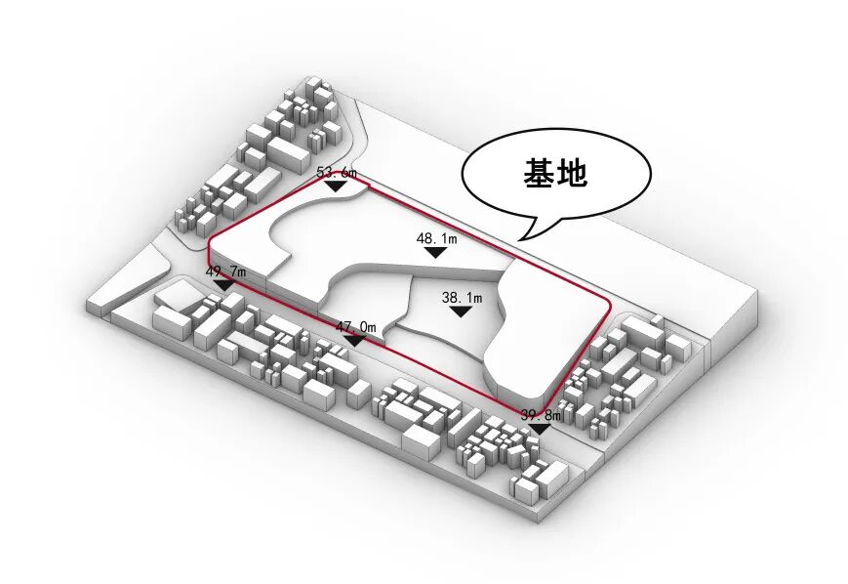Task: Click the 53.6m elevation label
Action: click(337, 173)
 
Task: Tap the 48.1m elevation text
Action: click(436, 238)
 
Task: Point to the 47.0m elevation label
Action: click(356, 327)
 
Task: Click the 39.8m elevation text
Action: click(541, 415)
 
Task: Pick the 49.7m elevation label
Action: click(225, 271)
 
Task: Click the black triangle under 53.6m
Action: click(337, 185)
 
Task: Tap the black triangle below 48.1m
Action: click(436, 252)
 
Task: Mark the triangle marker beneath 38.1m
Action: click(462, 312)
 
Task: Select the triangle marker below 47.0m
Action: click(356, 340)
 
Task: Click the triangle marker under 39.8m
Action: click(541, 428)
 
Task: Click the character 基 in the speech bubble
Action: click(538, 174)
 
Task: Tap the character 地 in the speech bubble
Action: click(571, 174)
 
